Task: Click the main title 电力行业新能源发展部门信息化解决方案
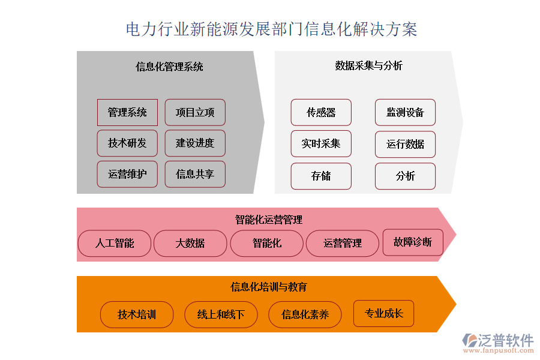[271, 29]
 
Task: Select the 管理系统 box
[127, 112]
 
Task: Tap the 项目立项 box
[195, 112]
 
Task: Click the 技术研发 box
[127, 143]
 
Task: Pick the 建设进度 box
[195, 143]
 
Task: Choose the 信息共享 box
[195, 174]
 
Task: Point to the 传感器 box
[321, 112]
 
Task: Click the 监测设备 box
[405, 112]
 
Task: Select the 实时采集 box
[321, 143]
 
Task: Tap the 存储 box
[321, 176]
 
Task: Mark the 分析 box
[405, 176]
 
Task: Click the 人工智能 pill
[115, 243]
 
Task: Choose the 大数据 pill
[190, 243]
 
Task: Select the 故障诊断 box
[413, 242]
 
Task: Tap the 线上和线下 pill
[221, 314]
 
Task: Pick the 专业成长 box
[383, 313]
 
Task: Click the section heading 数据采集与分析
[369, 65]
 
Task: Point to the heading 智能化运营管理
[269, 220]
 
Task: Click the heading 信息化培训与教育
[269, 287]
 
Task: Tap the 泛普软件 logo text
[506, 340]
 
